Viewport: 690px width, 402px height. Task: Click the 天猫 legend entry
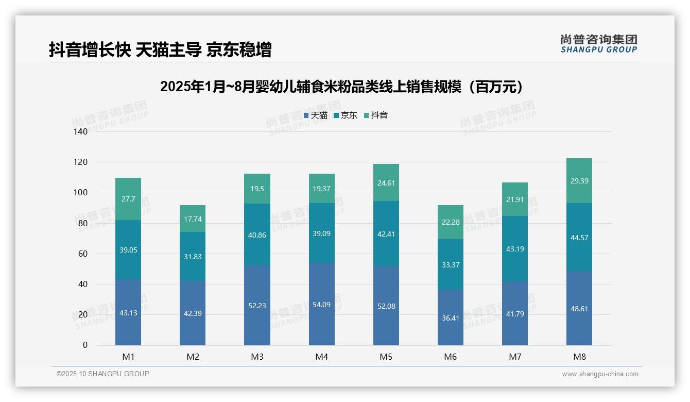[316, 115]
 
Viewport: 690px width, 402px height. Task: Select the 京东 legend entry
[346, 115]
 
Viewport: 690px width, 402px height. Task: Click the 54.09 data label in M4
[322, 305]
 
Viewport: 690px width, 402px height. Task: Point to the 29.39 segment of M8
[579, 181]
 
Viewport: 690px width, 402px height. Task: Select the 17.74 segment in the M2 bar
[193, 219]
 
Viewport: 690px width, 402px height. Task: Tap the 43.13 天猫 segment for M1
[128, 312]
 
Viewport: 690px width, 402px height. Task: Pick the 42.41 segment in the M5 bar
[386, 233]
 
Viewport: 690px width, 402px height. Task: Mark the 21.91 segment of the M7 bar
[515, 199]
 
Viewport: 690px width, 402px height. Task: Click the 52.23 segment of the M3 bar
[257, 305]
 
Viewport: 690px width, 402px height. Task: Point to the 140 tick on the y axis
[81, 131]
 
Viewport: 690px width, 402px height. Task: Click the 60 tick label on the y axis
[83, 254]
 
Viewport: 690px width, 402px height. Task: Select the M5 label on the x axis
[386, 357]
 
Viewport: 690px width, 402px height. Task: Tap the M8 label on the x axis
[579, 357]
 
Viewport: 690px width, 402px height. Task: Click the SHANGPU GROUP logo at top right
[598, 44]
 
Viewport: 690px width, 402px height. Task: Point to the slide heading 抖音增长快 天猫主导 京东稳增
[160, 50]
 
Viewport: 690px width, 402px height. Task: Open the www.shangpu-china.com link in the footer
[600, 374]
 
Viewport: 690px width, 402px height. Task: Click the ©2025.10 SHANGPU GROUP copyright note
[103, 374]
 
